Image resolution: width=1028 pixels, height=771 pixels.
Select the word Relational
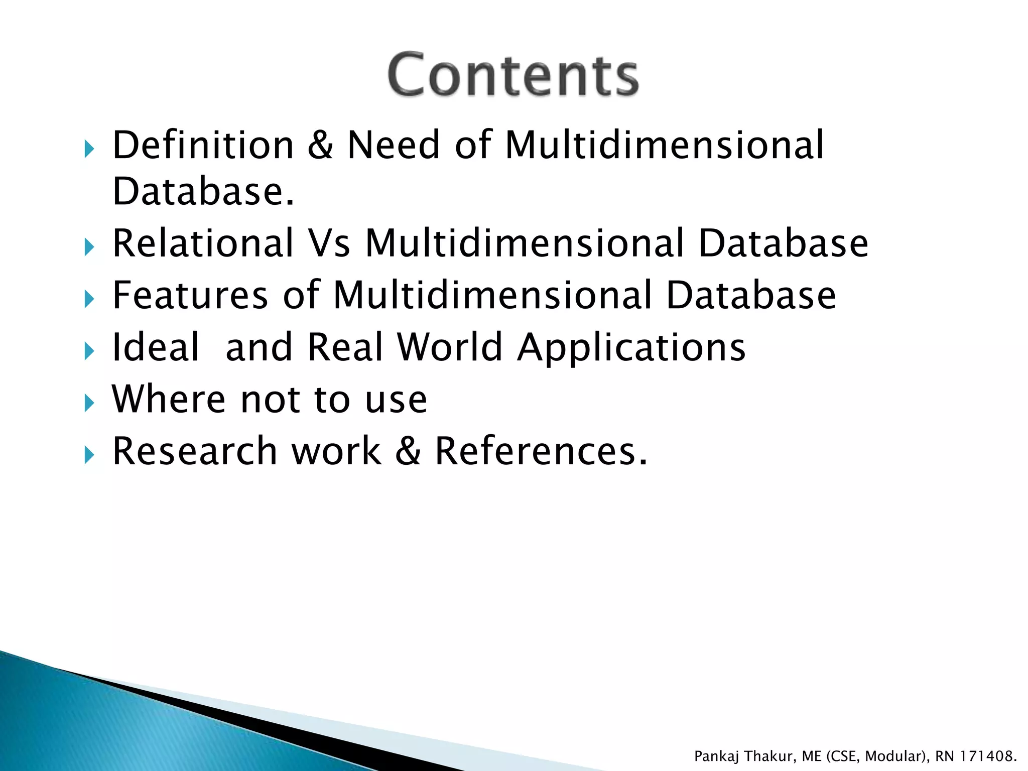(203, 243)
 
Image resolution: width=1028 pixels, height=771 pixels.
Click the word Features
(190, 295)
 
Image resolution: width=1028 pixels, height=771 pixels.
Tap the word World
(450, 347)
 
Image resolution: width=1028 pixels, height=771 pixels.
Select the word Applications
(631, 348)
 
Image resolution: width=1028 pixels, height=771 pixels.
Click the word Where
(169, 399)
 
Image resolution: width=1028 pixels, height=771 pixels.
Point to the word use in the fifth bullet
(396, 400)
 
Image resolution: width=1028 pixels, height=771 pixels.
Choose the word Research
(195, 451)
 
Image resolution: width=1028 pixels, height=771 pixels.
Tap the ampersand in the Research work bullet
(408, 451)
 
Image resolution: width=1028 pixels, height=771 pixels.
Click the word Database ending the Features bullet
(751, 295)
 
